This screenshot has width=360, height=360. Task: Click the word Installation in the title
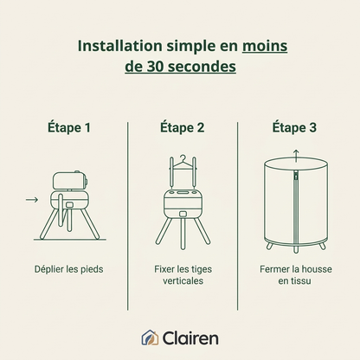coord(120,46)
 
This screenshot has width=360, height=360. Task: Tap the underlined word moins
coord(265,46)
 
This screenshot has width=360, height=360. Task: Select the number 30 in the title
coord(156,67)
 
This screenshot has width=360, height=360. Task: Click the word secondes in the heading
coord(202,67)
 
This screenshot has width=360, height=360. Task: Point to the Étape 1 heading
coord(69,127)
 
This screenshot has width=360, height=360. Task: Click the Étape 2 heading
coord(183,127)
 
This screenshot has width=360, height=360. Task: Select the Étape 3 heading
coord(294,127)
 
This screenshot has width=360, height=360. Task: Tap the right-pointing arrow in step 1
coord(32,200)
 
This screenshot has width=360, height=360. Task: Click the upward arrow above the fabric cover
coord(296,156)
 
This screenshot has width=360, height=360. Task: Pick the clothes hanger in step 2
coord(183,164)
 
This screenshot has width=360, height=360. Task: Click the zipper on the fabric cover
coord(296,209)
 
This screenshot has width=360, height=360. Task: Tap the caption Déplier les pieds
coord(68,269)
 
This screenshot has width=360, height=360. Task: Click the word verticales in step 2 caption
coord(183,280)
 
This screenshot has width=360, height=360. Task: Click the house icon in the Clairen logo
coord(150,337)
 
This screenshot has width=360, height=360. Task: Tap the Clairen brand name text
coord(190,337)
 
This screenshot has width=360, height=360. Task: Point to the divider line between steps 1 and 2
coord(128,215)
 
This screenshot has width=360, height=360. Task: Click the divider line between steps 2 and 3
coord(238,215)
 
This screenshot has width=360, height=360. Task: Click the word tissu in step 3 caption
coord(301,280)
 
